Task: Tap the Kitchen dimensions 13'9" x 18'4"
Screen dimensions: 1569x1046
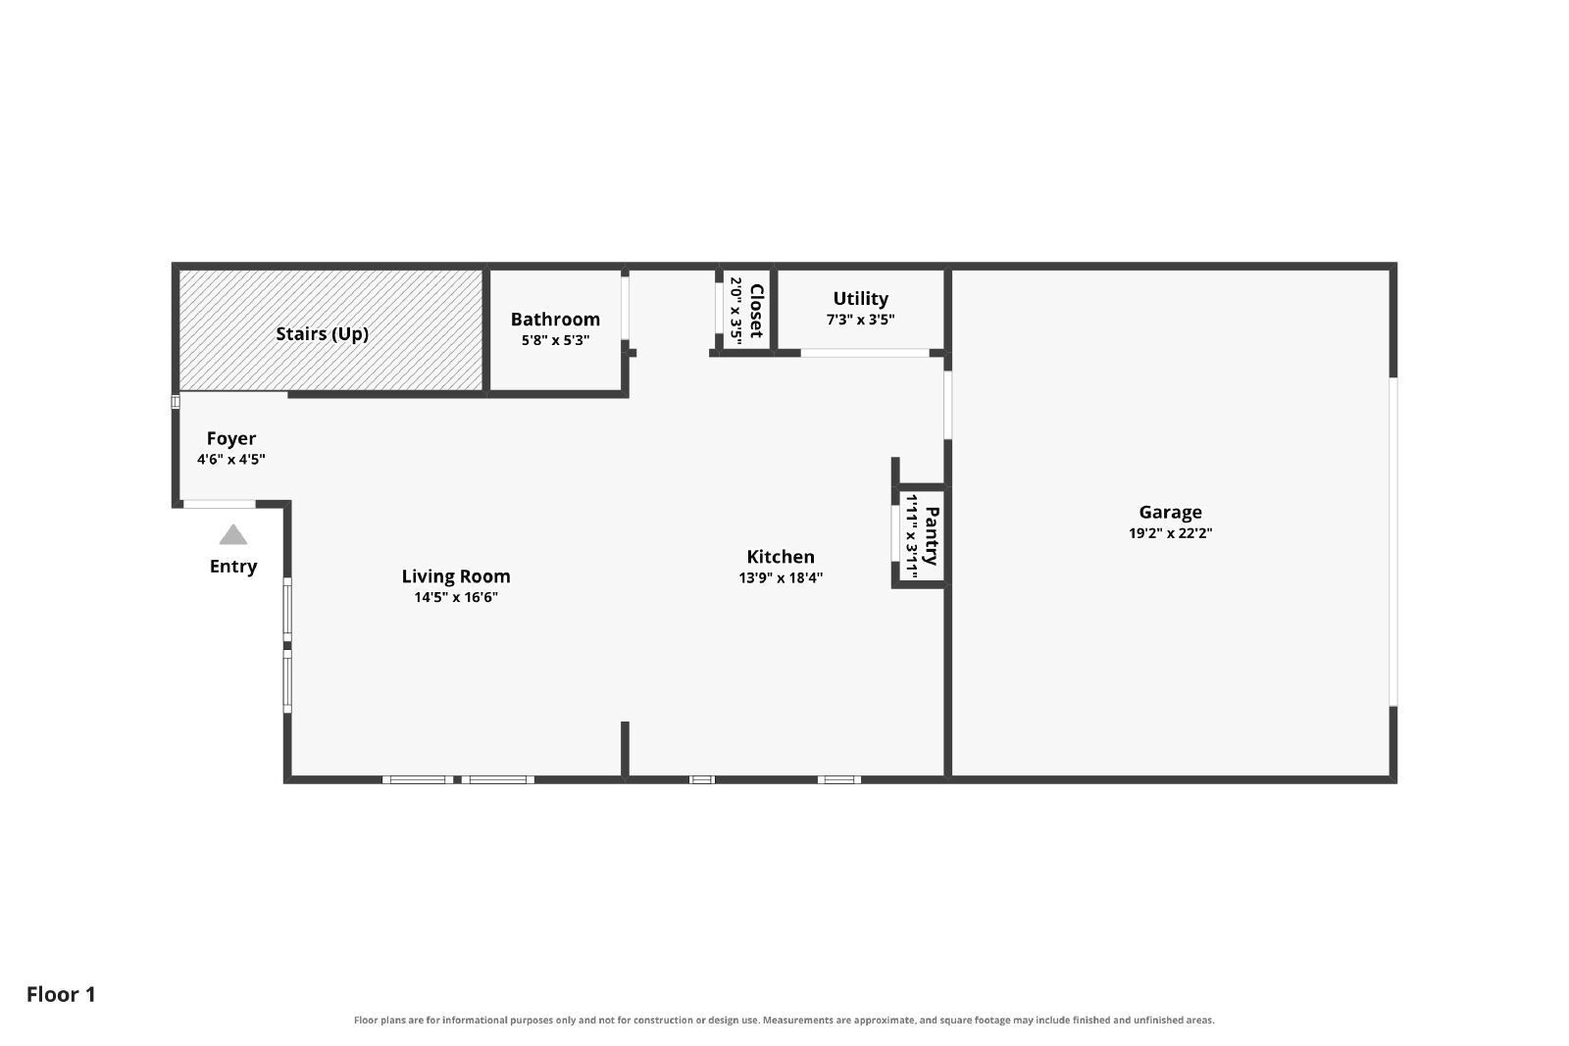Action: coord(781,577)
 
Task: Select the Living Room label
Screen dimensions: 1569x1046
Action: coord(455,576)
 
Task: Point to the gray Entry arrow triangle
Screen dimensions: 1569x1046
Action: coord(233,535)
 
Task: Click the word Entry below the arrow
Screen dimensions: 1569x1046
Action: coord(233,567)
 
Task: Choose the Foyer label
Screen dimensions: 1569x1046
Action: coord(231,439)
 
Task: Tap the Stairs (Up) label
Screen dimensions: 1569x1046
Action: coord(323,334)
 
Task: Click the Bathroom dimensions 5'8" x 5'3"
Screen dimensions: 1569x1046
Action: coord(555,340)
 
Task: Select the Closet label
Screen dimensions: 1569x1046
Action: coord(756,310)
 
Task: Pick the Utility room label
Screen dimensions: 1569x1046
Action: coord(860,299)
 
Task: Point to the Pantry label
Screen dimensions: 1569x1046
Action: coord(931,536)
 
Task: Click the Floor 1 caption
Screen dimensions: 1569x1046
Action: coord(61,995)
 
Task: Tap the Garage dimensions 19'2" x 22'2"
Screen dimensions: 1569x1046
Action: coord(1171,532)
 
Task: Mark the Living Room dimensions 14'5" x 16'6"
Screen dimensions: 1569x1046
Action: coord(456,597)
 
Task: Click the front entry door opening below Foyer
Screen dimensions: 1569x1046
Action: coord(220,504)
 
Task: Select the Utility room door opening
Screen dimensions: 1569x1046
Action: coord(865,353)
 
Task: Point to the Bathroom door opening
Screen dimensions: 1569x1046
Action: coord(625,308)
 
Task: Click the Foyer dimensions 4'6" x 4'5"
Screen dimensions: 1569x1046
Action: coord(231,460)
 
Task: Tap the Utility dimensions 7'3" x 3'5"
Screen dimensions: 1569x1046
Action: coord(860,320)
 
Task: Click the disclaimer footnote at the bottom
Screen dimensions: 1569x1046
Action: coord(784,1021)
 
